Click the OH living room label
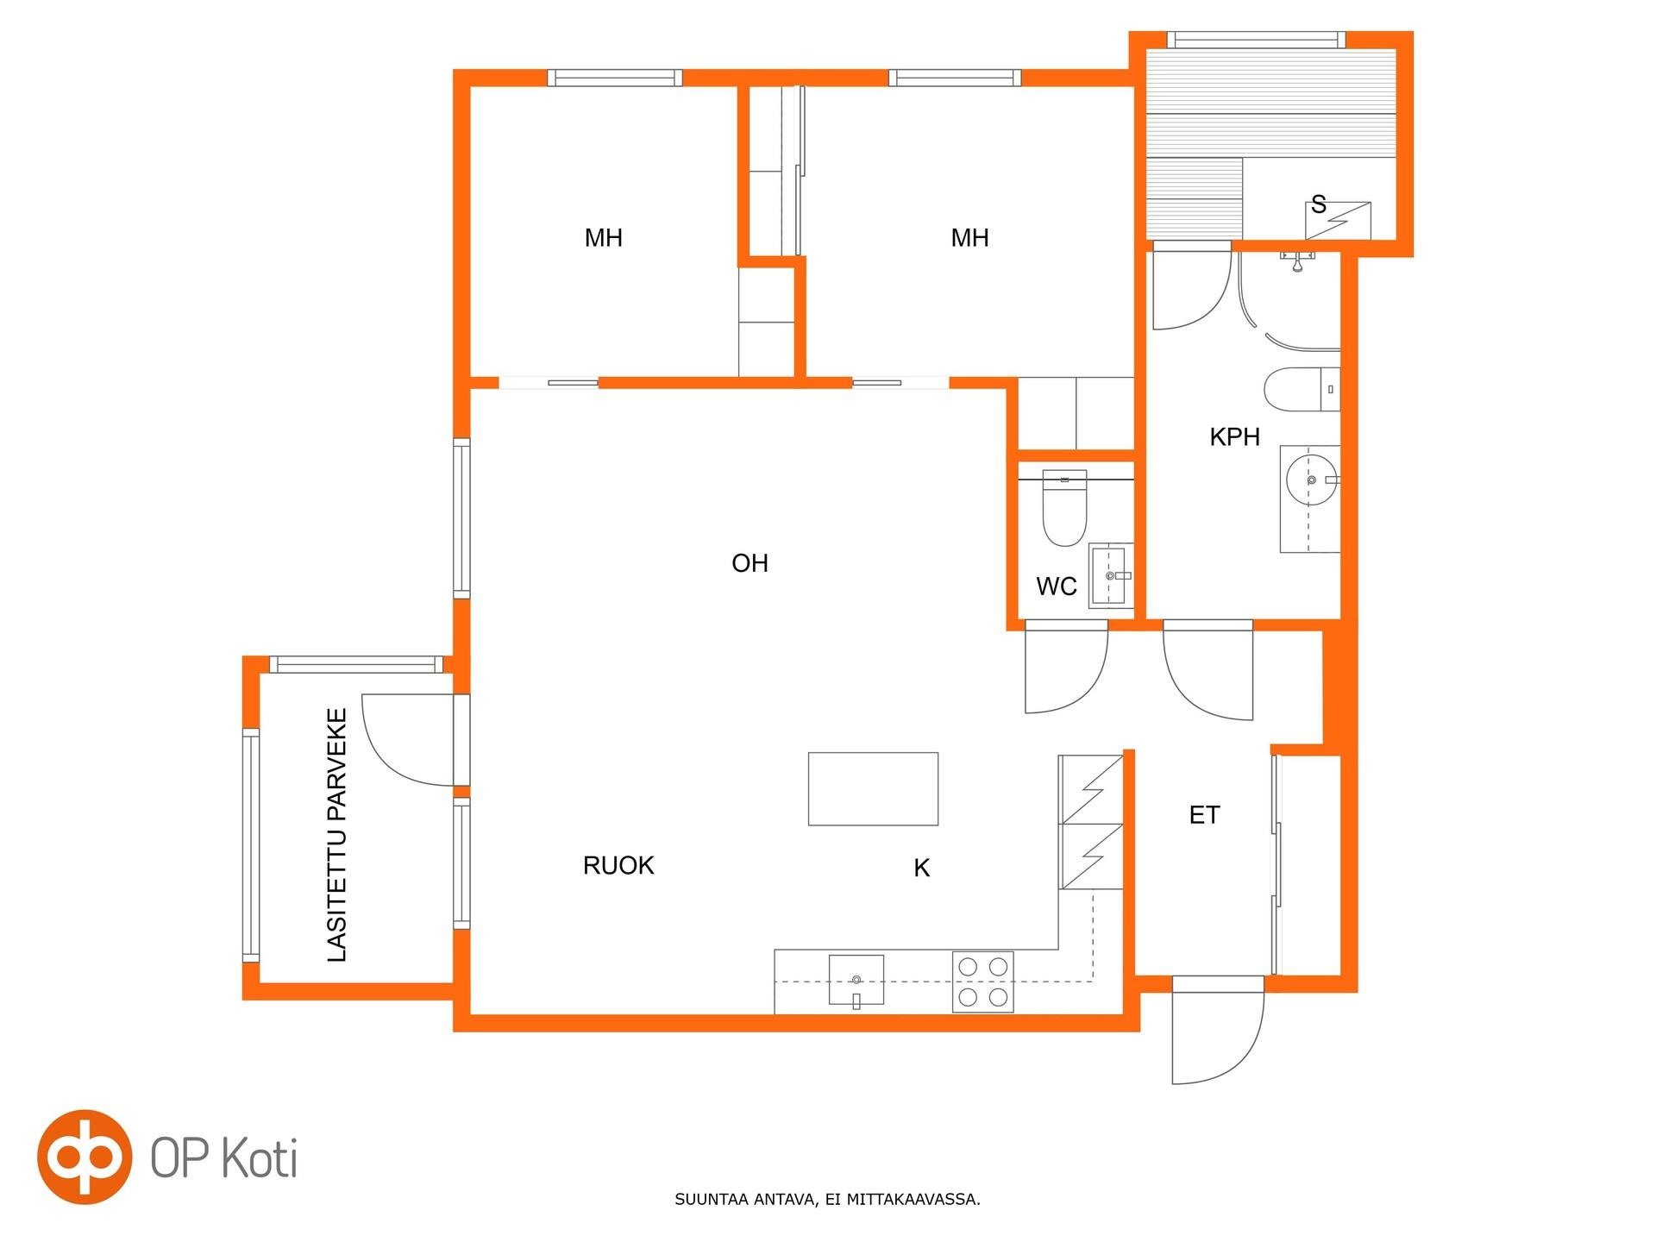click(750, 563)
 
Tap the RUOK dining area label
click(618, 865)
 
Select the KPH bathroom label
click(1234, 437)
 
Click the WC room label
click(1056, 586)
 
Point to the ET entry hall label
click(1204, 815)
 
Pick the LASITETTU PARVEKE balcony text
click(337, 835)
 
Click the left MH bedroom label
click(603, 238)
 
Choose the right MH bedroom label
click(969, 238)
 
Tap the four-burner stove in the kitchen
click(982, 982)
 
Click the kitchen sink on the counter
click(856, 981)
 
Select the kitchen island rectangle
click(873, 788)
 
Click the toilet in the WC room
click(1064, 508)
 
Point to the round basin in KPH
click(1311, 480)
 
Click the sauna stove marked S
click(1338, 221)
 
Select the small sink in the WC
click(1111, 575)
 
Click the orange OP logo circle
click(85, 1157)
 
